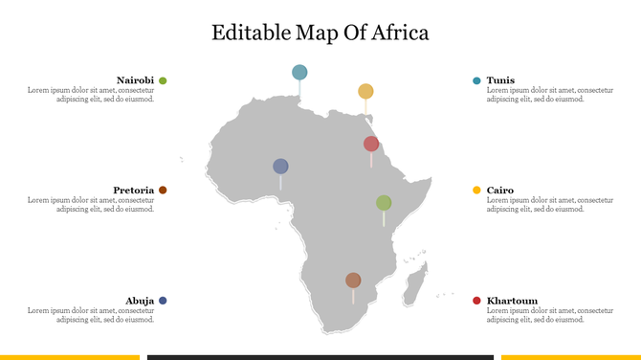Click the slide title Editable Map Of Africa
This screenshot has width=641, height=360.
(320, 33)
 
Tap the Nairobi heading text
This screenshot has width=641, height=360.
(135, 80)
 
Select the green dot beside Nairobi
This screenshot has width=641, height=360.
(163, 80)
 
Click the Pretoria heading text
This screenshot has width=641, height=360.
(134, 191)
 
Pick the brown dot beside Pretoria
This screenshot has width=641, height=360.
(163, 191)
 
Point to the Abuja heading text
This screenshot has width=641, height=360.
(140, 301)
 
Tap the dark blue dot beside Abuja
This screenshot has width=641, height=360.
(163, 301)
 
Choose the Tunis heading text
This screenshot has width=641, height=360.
(500, 80)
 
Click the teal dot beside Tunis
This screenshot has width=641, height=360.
(476, 80)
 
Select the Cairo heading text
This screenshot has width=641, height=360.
(500, 191)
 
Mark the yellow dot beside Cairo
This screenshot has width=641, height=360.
(476, 191)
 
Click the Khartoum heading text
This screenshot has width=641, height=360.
(511, 301)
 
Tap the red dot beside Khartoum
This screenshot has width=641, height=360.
(476, 301)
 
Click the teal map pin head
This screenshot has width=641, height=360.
(299, 72)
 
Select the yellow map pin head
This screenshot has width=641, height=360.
(365, 91)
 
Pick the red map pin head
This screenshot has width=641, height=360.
(371, 144)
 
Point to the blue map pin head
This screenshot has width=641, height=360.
(280, 166)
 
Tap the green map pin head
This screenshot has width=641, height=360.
(384, 202)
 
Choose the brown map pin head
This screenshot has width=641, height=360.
(353, 280)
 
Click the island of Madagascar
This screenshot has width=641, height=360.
(415, 286)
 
